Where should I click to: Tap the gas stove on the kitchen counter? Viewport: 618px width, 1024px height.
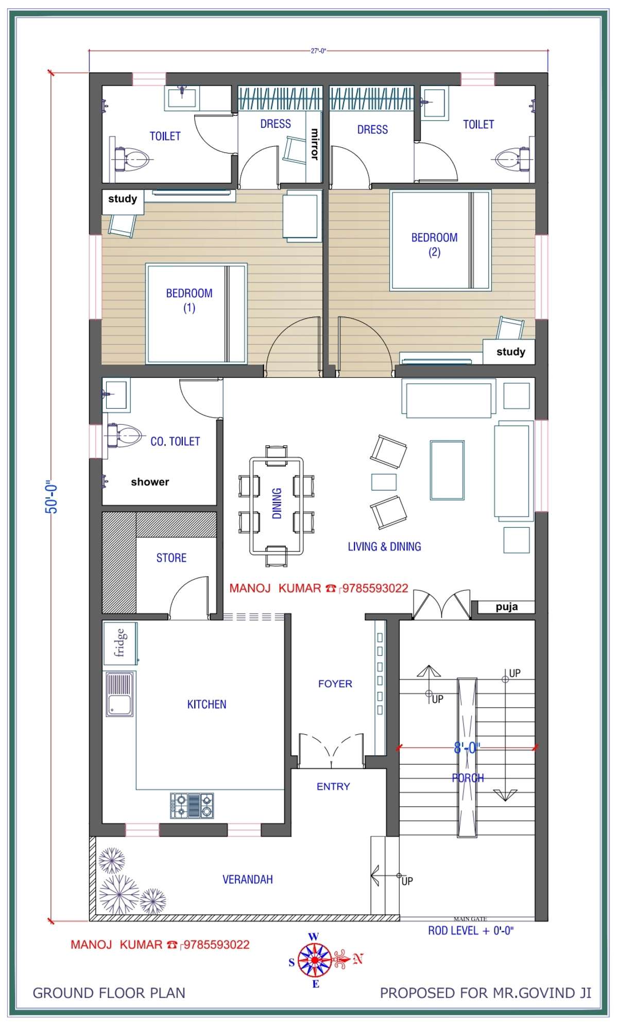[192, 806]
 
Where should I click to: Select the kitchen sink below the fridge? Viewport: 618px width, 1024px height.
[119, 693]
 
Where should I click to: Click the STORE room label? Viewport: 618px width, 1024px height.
[171, 558]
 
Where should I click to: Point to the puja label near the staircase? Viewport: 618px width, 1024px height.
[506, 607]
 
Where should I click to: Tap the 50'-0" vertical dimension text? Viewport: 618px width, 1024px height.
[52, 498]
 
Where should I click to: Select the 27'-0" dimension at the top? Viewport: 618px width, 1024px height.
[318, 51]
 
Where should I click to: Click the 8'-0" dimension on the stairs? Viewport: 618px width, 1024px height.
[467, 748]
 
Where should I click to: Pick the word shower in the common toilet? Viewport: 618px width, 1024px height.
[150, 482]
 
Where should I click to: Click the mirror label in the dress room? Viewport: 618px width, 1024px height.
[314, 144]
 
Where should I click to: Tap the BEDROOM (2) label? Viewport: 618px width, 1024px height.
[434, 245]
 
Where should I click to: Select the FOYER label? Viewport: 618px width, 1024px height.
[335, 684]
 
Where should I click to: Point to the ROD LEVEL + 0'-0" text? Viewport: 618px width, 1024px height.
[471, 931]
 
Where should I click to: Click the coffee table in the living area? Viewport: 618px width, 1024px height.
[447, 470]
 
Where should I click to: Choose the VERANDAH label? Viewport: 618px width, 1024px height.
[248, 879]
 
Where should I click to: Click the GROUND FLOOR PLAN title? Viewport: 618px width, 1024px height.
[109, 993]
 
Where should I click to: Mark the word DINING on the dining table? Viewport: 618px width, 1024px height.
[277, 503]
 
